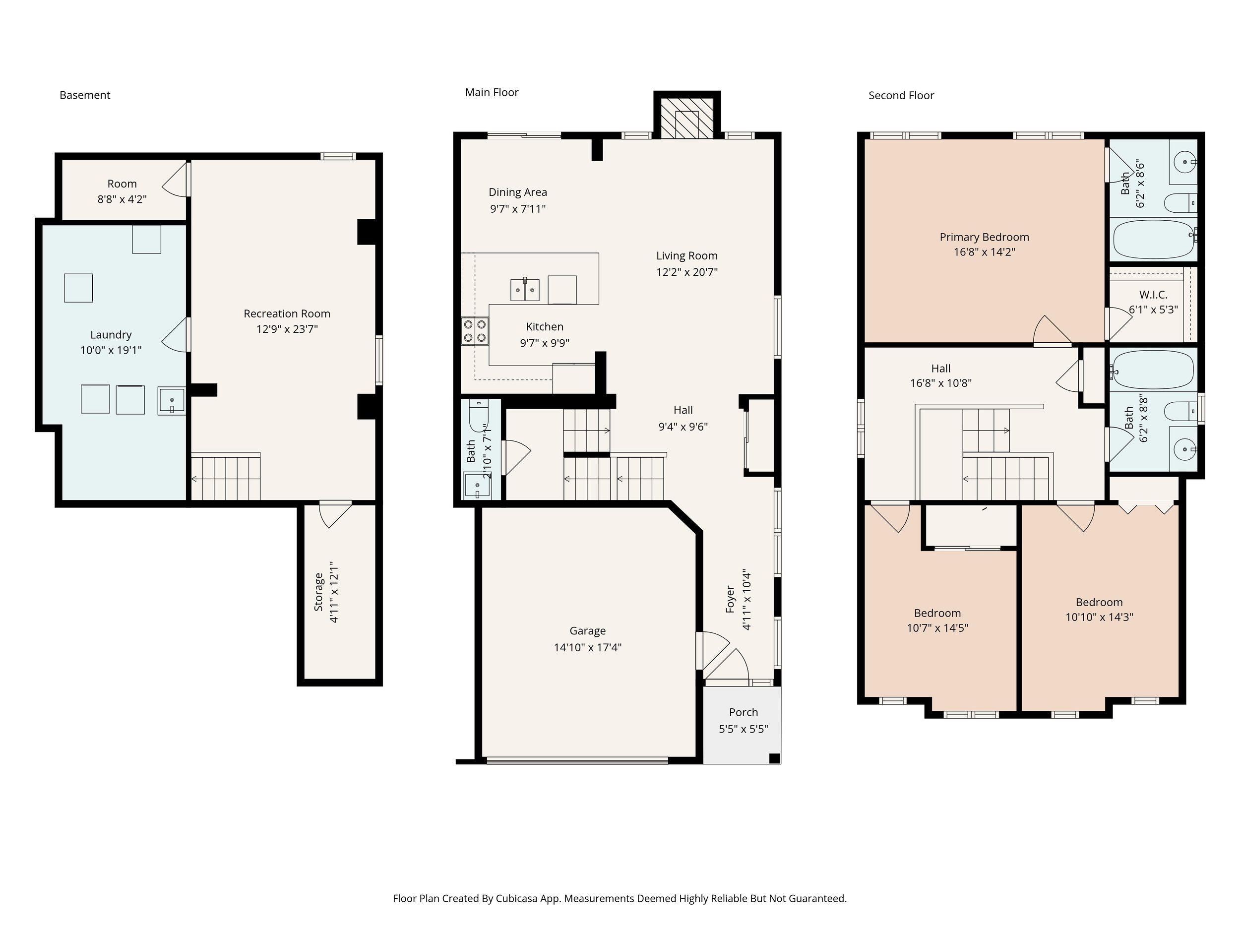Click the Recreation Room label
pos(287,314)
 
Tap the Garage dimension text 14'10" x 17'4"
pos(587,647)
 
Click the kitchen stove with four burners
pos(475,331)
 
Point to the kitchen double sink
pos(525,290)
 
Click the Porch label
pos(744,712)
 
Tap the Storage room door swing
pos(335,515)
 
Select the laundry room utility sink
pos(172,401)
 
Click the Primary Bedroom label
pos(985,237)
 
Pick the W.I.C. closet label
pos(1153,295)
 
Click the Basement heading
pos(85,95)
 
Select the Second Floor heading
pos(901,96)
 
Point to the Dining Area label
pos(517,192)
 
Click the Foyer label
pos(730,599)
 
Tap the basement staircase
pos(226,477)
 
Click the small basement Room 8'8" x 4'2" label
pos(122,191)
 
